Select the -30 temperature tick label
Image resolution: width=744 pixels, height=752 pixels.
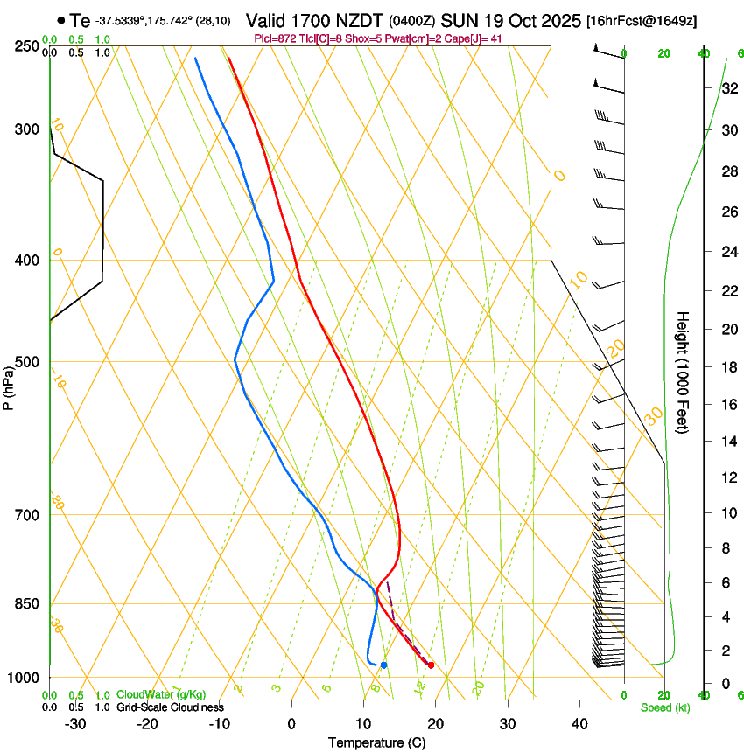[x=75, y=724]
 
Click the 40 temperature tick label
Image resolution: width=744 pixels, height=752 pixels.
[x=579, y=724]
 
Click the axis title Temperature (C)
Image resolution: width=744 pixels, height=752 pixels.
[x=376, y=742]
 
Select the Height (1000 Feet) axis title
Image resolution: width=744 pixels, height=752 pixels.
[x=684, y=372]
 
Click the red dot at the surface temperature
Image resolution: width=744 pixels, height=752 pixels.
[x=431, y=665]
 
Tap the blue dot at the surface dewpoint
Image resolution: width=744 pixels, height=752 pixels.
[x=383, y=665]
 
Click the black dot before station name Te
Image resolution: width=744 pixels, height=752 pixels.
[x=60, y=20]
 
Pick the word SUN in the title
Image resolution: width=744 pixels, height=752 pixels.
[x=460, y=20]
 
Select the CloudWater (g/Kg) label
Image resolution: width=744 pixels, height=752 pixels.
[x=161, y=695]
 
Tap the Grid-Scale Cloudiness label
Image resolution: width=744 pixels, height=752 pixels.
[x=170, y=707]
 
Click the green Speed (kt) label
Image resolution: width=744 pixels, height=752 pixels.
[x=664, y=707]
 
